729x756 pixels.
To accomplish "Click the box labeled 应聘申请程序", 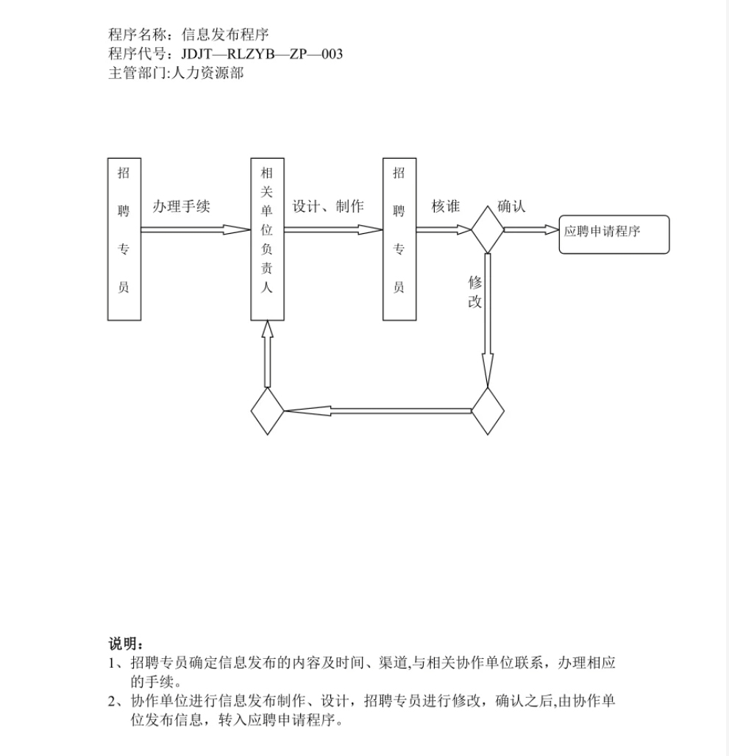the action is click(x=614, y=235).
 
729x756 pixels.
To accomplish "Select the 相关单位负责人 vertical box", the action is click(x=267, y=239).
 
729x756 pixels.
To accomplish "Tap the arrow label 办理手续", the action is click(x=181, y=207).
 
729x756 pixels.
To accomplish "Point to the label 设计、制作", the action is click(x=328, y=207).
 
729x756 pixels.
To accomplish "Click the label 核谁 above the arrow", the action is click(x=446, y=207).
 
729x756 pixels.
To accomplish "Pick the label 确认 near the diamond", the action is click(x=511, y=207).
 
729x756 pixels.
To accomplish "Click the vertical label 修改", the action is click(x=475, y=292).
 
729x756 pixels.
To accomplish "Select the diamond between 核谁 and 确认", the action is click(x=488, y=229).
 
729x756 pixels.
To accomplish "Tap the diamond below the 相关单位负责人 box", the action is click(x=268, y=411).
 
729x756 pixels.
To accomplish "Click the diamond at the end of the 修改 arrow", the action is click(x=488, y=411).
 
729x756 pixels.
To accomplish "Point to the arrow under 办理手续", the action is click(x=196, y=230).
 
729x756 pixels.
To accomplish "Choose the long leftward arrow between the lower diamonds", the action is click(x=377, y=411).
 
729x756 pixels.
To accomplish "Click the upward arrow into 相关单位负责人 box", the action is click(x=268, y=354).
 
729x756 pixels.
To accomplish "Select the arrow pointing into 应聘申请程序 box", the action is click(x=531, y=230).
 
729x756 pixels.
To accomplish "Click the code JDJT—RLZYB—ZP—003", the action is click(x=262, y=54).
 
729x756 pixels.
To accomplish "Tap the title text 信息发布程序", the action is click(x=224, y=35).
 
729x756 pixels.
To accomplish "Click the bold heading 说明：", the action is click(x=126, y=643).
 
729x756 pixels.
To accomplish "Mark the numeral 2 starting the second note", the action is click(x=112, y=702).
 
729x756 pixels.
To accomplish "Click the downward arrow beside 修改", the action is click(x=488, y=321).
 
